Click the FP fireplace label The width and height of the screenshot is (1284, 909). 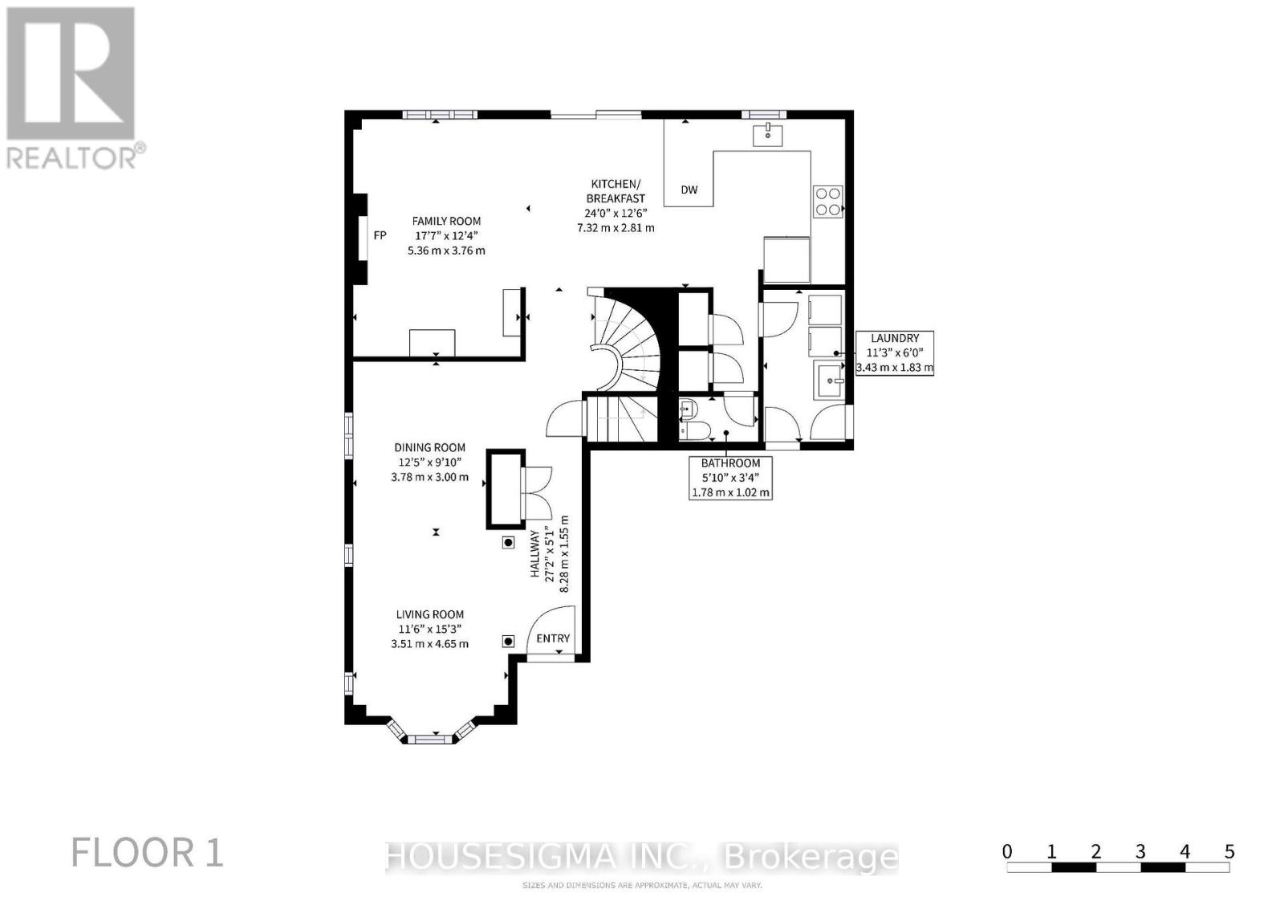(380, 235)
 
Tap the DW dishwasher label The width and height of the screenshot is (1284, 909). (689, 190)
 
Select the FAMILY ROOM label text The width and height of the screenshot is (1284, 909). (446, 221)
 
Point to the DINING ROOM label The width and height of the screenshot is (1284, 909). (429, 447)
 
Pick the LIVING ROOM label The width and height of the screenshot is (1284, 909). (429, 614)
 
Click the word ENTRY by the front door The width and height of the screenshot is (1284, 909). (553, 638)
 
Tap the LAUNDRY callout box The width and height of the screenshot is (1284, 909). (894, 353)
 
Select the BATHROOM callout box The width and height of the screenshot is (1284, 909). (730, 478)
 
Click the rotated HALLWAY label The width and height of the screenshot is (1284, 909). (534, 554)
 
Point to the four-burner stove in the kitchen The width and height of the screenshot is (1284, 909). (828, 201)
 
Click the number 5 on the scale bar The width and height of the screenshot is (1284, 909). (1229, 852)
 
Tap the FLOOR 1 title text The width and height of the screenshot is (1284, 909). (148, 852)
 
